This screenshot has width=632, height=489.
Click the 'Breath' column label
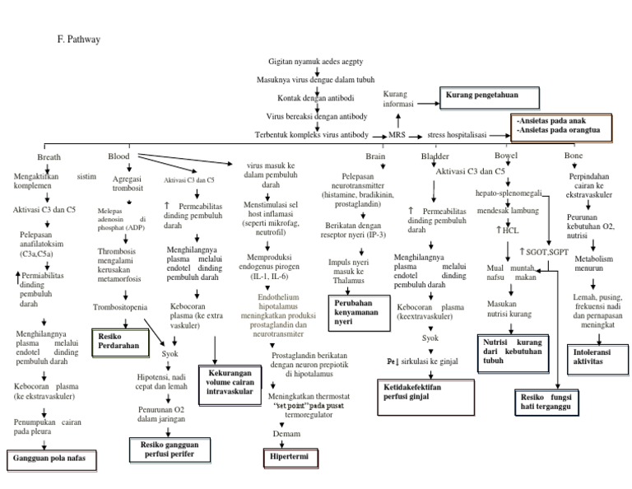tap(49, 156)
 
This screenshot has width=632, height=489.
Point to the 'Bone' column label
tap(574, 156)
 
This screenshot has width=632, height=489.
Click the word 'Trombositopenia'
tap(120, 307)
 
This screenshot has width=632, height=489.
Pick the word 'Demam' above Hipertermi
tap(286, 433)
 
